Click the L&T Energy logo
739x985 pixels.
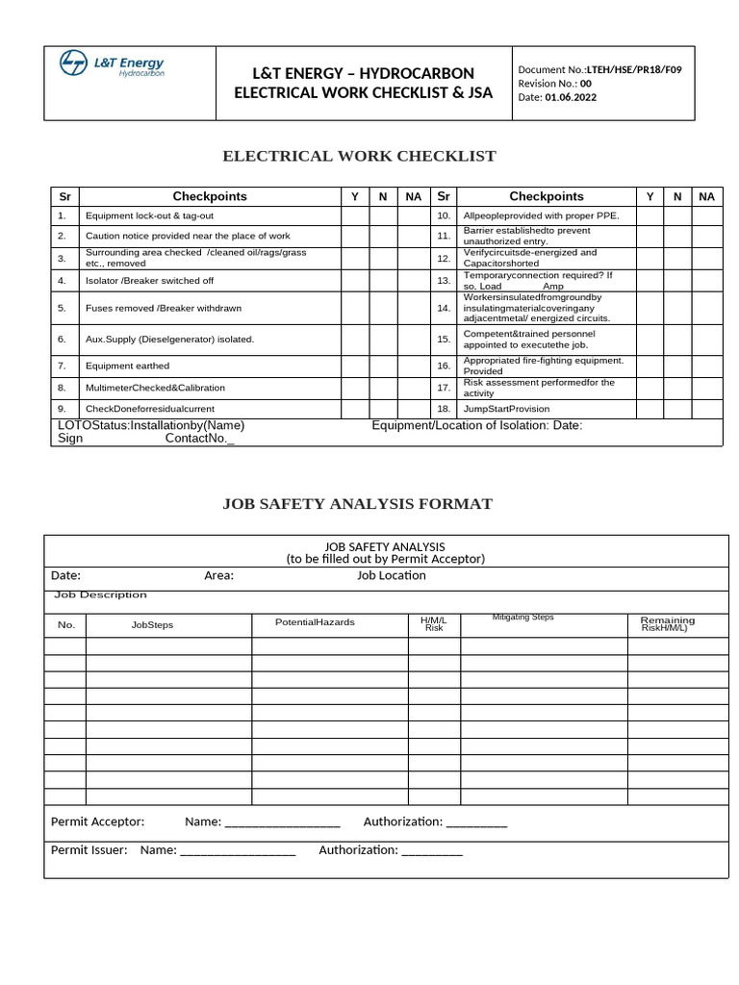112,66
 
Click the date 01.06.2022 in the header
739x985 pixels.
564,97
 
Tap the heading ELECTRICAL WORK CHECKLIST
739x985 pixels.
359,156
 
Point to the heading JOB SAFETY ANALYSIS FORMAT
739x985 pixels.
357,503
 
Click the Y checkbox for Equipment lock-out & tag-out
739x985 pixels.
354,215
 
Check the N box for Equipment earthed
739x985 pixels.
382,366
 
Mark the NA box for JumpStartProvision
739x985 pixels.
706,409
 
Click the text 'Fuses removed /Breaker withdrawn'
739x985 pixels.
164,308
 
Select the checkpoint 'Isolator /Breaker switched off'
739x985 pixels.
149,281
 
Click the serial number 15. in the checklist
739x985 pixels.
444,339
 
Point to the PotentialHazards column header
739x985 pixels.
315,622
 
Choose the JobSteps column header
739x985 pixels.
152,625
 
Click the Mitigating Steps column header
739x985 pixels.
522,618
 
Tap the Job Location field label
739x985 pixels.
391,575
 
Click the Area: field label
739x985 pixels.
218,575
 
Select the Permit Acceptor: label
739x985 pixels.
97,821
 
